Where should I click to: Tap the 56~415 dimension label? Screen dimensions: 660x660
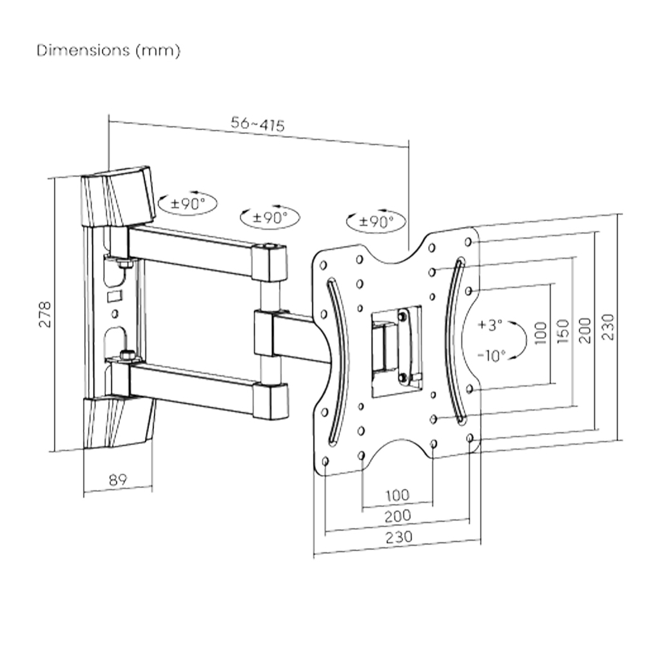click(x=258, y=124)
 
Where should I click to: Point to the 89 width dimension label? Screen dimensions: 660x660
click(x=117, y=480)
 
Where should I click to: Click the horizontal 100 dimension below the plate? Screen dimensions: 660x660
click(x=397, y=496)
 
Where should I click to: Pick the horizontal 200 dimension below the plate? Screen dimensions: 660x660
click(x=398, y=516)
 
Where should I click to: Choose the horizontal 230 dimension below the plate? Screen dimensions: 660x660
click(x=399, y=536)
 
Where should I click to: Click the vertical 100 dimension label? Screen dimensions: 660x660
click(x=541, y=333)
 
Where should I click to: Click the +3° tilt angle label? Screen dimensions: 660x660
click(x=490, y=325)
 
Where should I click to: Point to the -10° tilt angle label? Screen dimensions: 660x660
click(x=492, y=354)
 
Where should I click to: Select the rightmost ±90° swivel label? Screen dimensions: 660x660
click(x=376, y=222)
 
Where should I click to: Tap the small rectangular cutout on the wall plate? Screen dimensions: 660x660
click(x=113, y=296)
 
